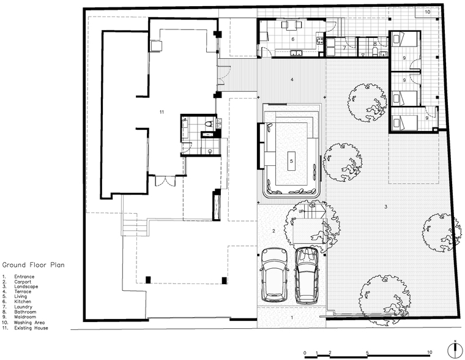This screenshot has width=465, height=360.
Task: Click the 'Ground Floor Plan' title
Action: [33, 264]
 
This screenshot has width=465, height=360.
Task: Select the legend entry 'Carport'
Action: [23, 282]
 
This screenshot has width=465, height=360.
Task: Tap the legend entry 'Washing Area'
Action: [29, 322]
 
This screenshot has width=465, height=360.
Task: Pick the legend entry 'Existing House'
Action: [31, 328]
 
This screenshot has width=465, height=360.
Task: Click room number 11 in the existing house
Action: [162, 112]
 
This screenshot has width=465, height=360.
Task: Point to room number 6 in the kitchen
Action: [293, 39]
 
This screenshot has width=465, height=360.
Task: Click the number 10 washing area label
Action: [427, 12]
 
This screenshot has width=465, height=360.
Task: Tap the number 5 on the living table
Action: [291, 161]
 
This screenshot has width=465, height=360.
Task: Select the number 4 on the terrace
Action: [292, 80]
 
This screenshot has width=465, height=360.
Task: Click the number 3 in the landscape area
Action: [386, 206]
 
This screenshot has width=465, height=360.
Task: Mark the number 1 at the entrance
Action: [292, 318]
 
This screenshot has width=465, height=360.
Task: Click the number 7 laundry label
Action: [344, 48]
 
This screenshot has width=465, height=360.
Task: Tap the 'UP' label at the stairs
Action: [301, 211]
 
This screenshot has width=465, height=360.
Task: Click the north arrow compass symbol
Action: [454, 350]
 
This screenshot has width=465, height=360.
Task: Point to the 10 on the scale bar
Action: [430, 352]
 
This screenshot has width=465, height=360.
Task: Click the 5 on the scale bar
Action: [367, 353]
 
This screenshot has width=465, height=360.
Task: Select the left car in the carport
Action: [275, 274]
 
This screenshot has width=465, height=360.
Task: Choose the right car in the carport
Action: [307, 276]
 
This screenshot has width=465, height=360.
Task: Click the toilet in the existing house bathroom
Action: [209, 123]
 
